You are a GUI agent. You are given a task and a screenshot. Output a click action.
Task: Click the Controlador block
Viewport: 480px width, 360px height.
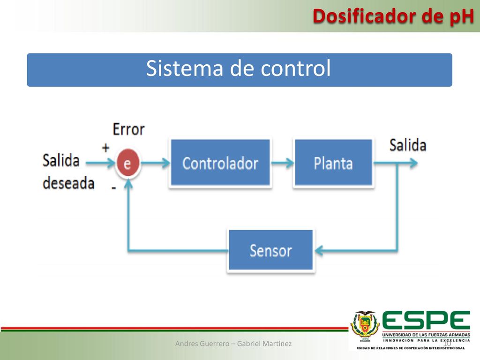tap(220, 163)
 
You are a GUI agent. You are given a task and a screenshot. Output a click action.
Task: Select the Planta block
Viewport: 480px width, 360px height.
tap(333, 163)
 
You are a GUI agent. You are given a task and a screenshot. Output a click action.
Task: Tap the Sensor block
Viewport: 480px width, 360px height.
tap(271, 250)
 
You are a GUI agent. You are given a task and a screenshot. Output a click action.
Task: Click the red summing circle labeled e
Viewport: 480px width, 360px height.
tap(128, 163)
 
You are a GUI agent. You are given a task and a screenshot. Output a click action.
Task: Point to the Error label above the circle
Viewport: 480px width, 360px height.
tap(128, 129)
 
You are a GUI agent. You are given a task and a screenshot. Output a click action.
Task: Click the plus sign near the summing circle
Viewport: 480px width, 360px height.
tap(105, 148)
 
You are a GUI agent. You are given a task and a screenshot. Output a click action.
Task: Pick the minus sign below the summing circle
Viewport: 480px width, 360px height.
tap(113, 187)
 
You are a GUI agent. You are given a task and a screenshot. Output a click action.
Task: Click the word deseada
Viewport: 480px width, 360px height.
tap(68, 183)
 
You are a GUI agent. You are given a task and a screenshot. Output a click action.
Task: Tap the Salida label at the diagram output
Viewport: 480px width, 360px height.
tap(408, 145)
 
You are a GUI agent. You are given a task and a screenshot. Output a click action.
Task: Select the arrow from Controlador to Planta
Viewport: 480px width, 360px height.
tap(283, 163)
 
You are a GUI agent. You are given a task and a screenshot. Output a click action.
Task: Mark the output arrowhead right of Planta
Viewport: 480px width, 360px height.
tap(413, 163)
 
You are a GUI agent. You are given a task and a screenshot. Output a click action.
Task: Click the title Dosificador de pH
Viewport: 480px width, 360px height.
tap(393, 16)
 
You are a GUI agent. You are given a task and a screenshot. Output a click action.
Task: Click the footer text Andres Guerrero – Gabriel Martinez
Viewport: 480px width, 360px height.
tap(233, 344)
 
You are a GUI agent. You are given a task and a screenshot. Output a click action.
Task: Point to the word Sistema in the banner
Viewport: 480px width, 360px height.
tap(185, 68)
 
